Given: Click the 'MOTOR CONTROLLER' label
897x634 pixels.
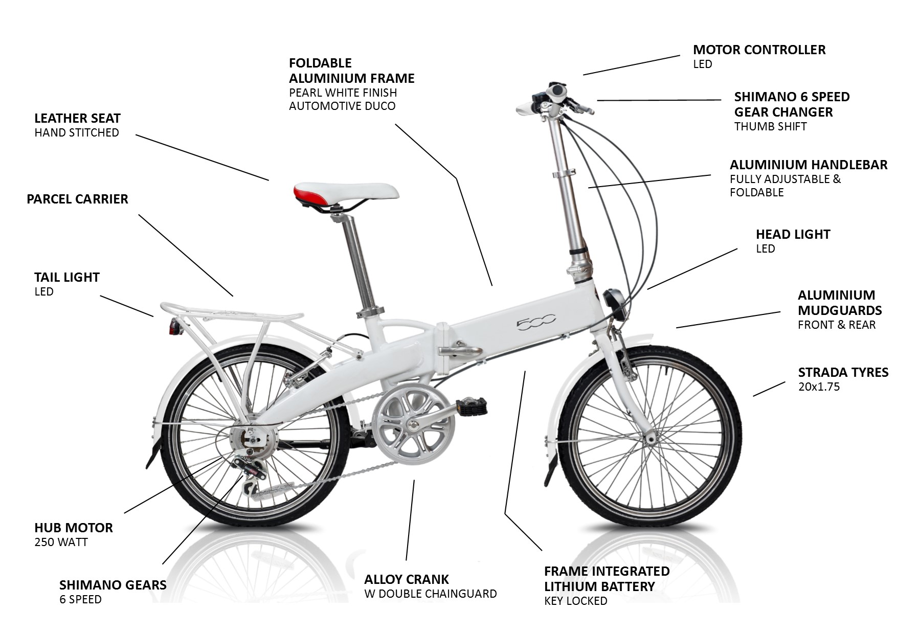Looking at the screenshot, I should click(x=759, y=50).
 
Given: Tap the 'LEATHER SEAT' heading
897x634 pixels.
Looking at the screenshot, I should click(x=77, y=118).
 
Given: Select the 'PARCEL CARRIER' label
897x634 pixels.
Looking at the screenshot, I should click(x=77, y=199).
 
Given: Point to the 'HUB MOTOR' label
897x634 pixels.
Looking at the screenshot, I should click(x=74, y=528).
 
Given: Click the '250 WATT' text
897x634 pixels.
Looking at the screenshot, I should click(x=61, y=542).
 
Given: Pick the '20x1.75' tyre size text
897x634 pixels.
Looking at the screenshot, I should click(x=819, y=387).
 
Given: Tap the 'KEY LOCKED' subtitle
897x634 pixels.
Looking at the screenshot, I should click(x=575, y=601).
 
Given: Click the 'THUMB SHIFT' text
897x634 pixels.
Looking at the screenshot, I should click(x=770, y=126).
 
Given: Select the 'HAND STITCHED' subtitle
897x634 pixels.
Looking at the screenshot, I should click(x=77, y=132).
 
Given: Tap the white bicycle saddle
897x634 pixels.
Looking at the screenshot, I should click(x=346, y=193).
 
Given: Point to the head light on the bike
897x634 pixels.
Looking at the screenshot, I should click(x=613, y=299).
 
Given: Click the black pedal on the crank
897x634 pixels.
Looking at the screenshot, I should click(x=471, y=407).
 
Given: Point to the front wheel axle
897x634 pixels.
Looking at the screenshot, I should click(x=651, y=438).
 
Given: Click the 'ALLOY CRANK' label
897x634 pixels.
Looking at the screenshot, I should click(x=406, y=579).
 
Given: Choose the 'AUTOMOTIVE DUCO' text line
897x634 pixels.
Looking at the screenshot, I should click(x=342, y=106).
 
